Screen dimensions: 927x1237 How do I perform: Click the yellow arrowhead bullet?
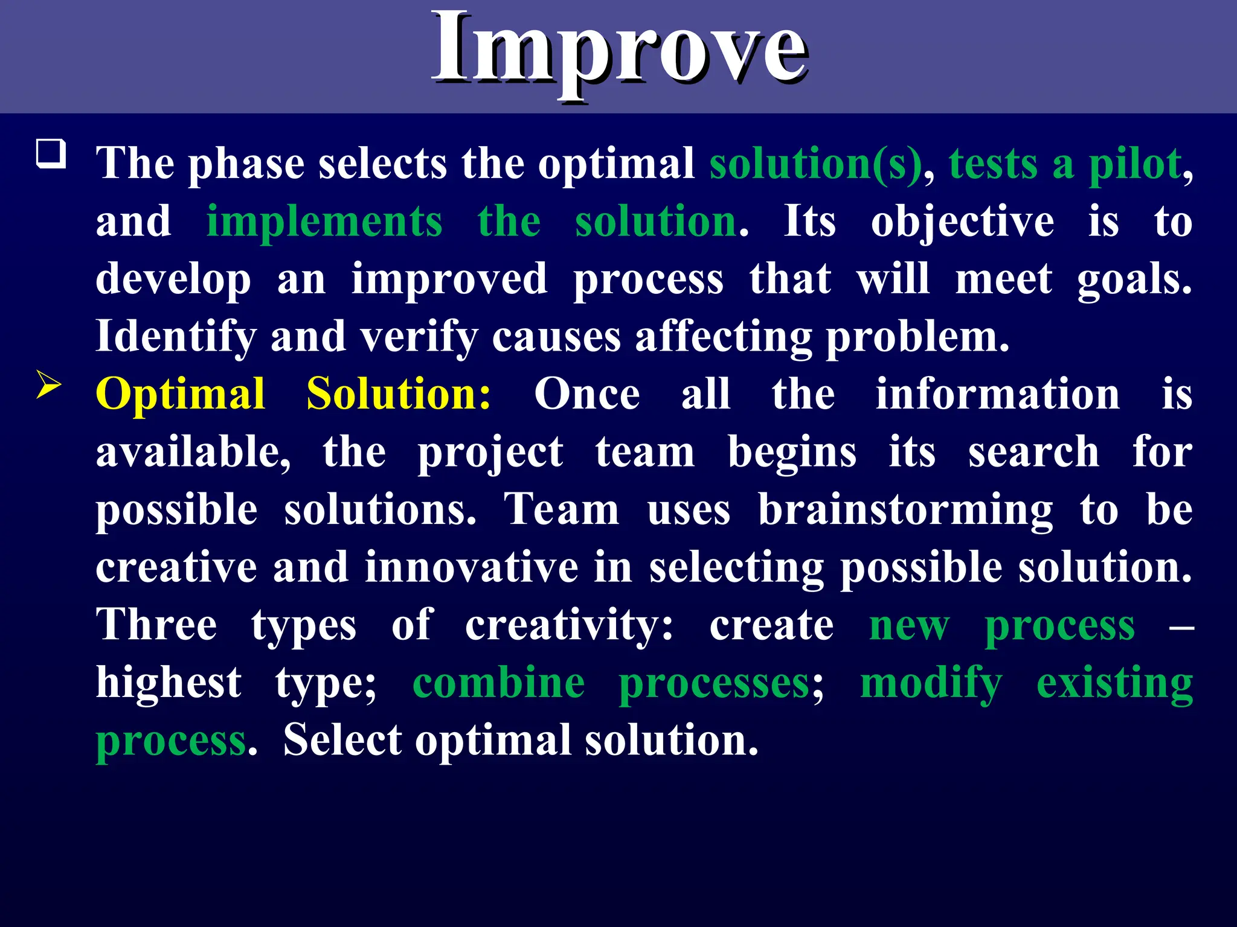click(49, 384)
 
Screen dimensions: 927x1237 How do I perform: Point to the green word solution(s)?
click(815, 164)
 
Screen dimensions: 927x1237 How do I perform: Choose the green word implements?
click(324, 221)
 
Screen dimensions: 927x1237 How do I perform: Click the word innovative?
click(471, 567)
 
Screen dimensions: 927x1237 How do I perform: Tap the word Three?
click(156, 625)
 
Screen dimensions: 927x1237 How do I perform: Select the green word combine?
click(498, 683)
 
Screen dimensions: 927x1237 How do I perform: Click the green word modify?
click(931, 684)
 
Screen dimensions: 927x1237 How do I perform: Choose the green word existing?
click(1114, 684)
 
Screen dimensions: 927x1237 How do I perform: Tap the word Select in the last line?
click(342, 741)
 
